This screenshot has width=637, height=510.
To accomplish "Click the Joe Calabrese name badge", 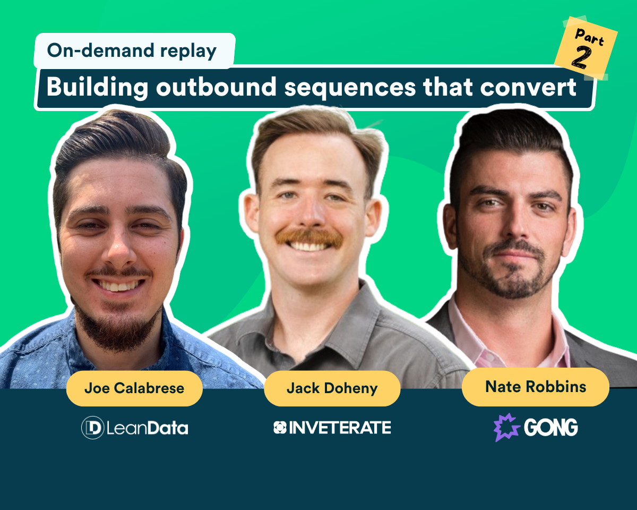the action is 134,388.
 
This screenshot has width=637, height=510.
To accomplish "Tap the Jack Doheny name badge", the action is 332,388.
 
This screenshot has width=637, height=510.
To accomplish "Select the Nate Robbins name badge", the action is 536,387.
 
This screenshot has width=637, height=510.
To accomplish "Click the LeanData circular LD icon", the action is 93,428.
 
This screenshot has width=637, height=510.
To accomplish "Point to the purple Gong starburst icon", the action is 506,427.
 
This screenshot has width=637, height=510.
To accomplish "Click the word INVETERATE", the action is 340,428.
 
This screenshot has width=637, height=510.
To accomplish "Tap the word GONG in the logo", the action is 551,427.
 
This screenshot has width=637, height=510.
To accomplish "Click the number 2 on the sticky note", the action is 581,58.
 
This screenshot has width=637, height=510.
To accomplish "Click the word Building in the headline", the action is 97,87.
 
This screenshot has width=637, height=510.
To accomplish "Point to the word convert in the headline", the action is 528,87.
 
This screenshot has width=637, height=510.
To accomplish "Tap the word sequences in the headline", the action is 350,88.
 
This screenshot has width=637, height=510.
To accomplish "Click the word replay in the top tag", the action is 188,52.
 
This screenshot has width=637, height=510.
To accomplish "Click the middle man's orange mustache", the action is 309,237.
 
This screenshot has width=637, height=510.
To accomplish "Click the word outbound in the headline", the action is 217,87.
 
